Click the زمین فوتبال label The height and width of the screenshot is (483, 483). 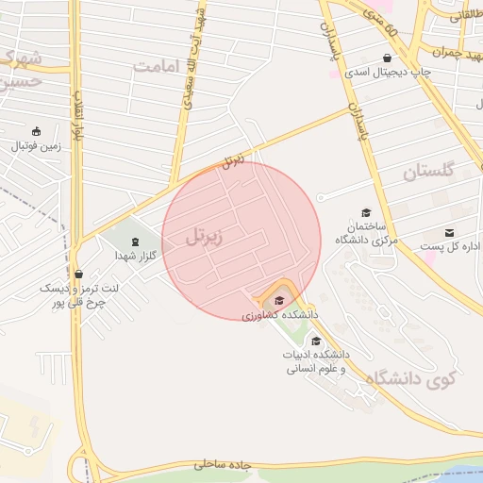tap(35, 146)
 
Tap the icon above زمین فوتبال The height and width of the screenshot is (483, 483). tap(36, 131)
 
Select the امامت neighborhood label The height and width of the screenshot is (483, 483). tap(157, 66)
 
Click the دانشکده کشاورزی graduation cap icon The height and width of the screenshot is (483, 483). tap(278, 300)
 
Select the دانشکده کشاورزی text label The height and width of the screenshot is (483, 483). tap(280, 314)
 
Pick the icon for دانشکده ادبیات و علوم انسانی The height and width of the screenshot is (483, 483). tap(315, 341)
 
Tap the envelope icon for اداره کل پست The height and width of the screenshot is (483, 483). tap(449, 232)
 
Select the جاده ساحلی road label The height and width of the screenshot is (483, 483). tap(226, 464)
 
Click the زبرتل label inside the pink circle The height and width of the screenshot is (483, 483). tap(206, 236)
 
